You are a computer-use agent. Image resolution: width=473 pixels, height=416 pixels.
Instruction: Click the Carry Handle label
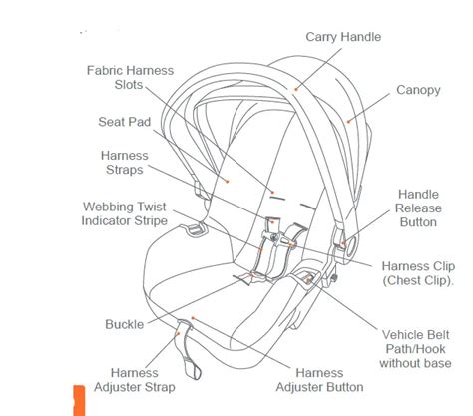pyautogui.click(x=343, y=37)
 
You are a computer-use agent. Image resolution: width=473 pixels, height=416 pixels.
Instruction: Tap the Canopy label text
pyautogui.click(x=418, y=90)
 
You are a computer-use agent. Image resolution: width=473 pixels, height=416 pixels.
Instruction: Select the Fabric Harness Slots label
pyautogui.click(x=130, y=77)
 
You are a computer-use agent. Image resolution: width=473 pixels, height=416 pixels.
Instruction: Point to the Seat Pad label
pyautogui.click(x=124, y=122)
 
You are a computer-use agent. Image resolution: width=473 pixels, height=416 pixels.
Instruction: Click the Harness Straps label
pyautogui.click(x=125, y=163)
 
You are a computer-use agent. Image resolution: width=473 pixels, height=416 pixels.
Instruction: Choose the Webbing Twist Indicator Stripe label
pyautogui.click(x=124, y=213)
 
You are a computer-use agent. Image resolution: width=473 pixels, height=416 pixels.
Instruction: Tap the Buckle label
pyautogui.click(x=125, y=324)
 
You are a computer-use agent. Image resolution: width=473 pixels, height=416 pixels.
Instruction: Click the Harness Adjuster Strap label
pyautogui.click(x=135, y=380)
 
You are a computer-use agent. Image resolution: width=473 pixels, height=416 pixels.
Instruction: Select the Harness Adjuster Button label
pyautogui.click(x=319, y=380)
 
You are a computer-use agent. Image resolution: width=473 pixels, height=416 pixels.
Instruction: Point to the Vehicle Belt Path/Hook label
pyautogui.click(x=415, y=349)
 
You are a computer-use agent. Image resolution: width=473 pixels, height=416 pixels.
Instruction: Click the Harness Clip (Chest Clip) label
pyautogui.click(x=418, y=273)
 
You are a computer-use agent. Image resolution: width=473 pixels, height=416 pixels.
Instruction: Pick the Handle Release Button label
pyautogui.click(x=418, y=208)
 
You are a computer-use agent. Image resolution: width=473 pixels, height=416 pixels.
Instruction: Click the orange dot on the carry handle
pyautogui.click(x=295, y=89)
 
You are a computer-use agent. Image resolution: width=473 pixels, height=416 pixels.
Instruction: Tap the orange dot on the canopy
pyautogui.click(x=348, y=122)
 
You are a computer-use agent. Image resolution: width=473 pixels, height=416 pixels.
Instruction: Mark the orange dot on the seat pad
pyautogui.click(x=228, y=181)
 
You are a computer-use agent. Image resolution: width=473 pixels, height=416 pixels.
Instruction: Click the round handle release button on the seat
pyautogui.click(x=350, y=247)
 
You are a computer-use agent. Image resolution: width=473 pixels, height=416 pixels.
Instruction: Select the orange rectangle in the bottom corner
pyautogui.click(x=79, y=401)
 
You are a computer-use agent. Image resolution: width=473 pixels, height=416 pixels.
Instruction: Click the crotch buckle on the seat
pyautogui.click(x=250, y=277)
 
